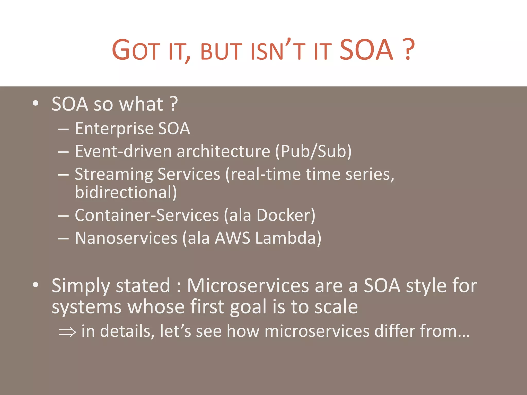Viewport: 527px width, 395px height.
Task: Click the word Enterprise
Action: (x=114, y=128)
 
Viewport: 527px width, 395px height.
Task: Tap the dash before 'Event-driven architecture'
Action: (x=63, y=152)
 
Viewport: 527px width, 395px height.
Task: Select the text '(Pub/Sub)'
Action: (x=313, y=151)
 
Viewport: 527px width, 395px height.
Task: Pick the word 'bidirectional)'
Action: (x=126, y=192)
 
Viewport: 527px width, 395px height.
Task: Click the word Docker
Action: (x=286, y=215)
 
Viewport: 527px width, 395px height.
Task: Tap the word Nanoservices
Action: (x=126, y=238)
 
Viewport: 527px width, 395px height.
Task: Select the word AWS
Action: (x=232, y=238)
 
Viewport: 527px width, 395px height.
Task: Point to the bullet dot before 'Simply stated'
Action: (x=36, y=285)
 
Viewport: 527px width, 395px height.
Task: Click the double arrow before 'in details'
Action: (x=67, y=332)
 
